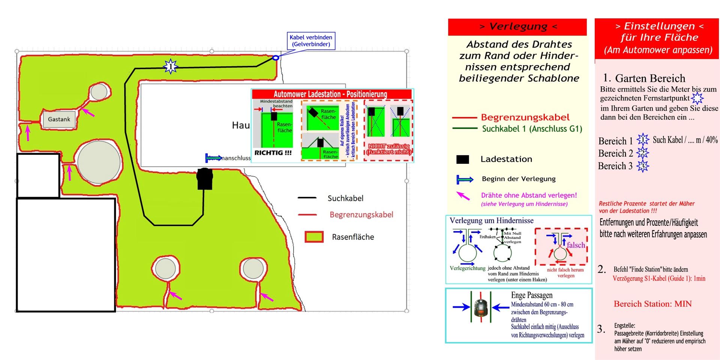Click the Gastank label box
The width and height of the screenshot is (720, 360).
pos(59,119)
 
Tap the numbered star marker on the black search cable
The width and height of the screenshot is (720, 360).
pos(171,67)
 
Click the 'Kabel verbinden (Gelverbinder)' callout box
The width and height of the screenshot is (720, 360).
pos(311,41)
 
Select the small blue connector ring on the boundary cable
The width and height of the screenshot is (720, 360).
pos(276,58)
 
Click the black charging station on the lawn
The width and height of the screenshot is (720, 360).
pos(205,179)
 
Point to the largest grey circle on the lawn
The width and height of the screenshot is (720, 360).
pos(99,162)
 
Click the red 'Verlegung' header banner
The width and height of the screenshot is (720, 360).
pos(517,27)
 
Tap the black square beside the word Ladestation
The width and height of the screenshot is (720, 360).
pos(462,159)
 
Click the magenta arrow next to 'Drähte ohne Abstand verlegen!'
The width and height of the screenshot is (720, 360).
pos(463,196)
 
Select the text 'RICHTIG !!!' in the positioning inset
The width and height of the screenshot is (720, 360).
pos(273,153)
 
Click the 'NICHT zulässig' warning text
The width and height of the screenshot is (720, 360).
pos(389,149)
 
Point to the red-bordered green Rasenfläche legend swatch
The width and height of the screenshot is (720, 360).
pos(314,237)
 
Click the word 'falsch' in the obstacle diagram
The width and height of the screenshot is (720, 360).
pos(576,245)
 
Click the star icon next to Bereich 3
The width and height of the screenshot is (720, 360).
pos(642,166)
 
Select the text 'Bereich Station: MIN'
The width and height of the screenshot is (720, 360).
pos(652,304)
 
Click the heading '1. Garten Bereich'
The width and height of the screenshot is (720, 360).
pos(644,78)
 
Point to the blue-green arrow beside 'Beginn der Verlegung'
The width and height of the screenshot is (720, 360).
pos(465,180)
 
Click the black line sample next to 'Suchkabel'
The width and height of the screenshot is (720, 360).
pos(307,198)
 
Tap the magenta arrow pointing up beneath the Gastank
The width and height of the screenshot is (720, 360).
pos(27,133)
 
